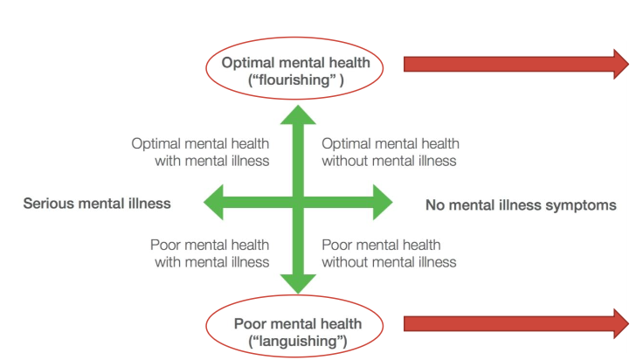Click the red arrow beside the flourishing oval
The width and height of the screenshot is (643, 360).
coord(515,64)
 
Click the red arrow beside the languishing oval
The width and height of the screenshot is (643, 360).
coord(515,323)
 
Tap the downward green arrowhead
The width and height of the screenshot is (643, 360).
coord(298,282)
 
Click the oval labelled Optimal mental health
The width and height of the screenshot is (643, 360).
coord(295,69)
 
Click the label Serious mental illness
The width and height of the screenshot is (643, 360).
coord(97,204)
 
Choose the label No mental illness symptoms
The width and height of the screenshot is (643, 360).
coord(521,205)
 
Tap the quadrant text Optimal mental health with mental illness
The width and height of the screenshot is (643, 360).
coord(200,152)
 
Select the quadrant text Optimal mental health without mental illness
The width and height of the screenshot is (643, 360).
coord(390,152)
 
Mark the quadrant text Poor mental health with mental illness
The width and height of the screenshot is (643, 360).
coord(209,253)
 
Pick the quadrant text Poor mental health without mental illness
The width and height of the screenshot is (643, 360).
coord(389,253)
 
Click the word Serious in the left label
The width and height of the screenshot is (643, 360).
coord(47,204)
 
